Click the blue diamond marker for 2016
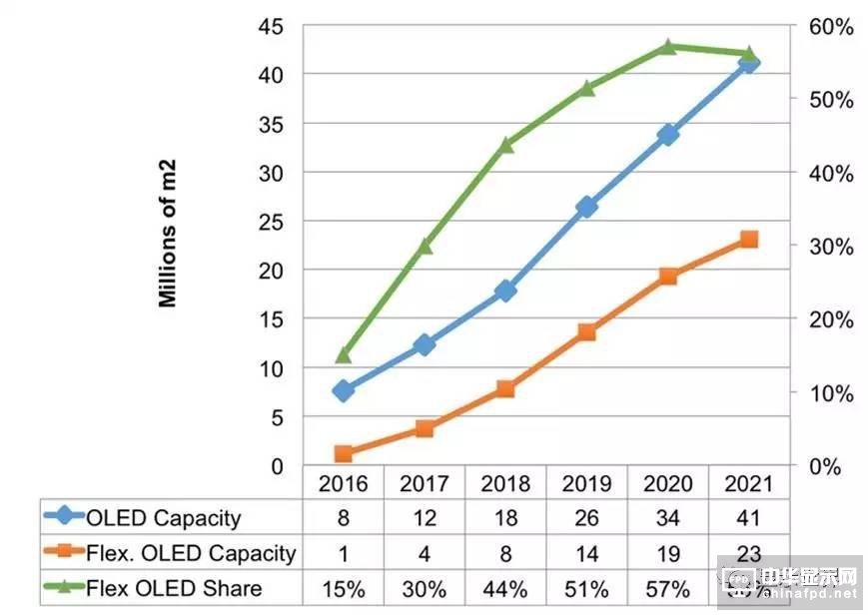click(x=343, y=390)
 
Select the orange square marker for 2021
click(x=749, y=240)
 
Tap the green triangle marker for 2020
click(x=668, y=46)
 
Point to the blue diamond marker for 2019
click(x=586, y=207)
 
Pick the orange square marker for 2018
click(x=505, y=388)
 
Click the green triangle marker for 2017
click(x=425, y=245)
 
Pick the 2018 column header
click(x=505, y=484)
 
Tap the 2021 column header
click(x=749, y=484)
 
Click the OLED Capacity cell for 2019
click(x=586, y=517)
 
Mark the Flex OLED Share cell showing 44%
click(x=505, y=588)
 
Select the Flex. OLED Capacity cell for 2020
click(x=668, y=552)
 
